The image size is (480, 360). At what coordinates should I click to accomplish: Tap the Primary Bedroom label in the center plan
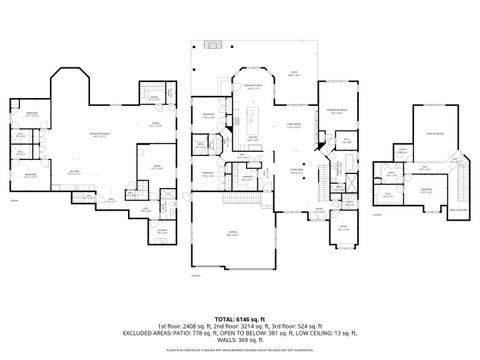point(334,111)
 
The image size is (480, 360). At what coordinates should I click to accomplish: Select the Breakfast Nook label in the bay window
point(254,86)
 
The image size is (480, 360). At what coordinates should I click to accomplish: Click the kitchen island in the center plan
point(254,137)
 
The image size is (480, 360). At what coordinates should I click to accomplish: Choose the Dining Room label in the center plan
point(296,171)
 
